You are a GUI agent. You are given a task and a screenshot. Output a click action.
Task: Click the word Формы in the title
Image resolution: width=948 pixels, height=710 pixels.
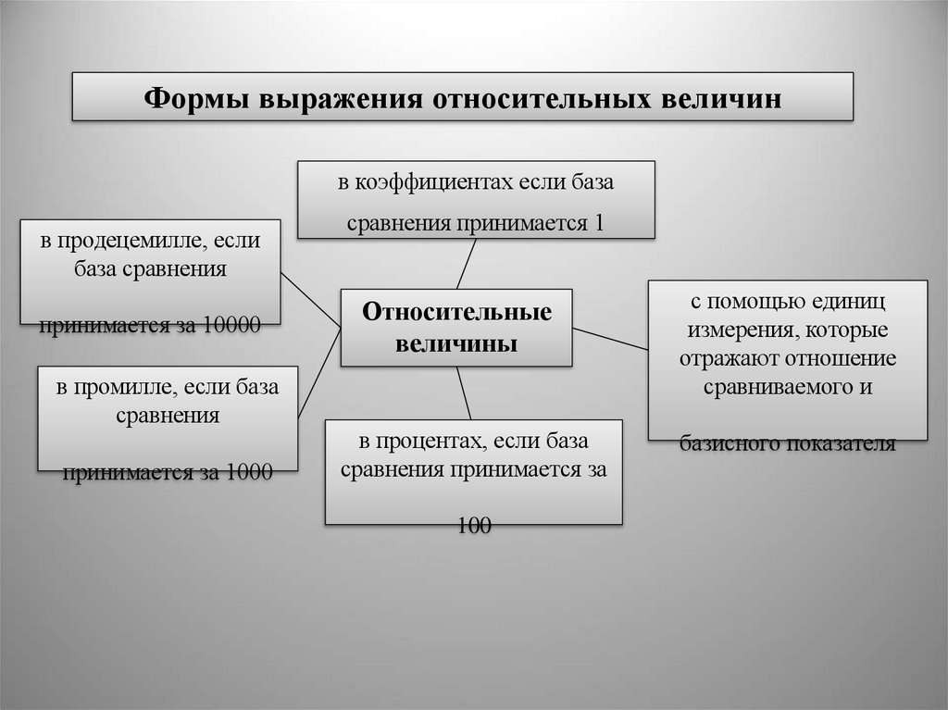point(197,98)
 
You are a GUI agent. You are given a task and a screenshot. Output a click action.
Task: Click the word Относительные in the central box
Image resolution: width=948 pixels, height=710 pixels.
point(456,312)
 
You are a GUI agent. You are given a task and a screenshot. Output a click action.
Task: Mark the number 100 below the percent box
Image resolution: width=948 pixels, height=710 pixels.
point(474,526)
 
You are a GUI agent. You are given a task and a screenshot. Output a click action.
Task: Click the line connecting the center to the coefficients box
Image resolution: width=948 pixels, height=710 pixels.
point(467,264)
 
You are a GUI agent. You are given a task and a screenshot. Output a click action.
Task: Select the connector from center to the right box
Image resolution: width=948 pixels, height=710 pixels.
point(610,338)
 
